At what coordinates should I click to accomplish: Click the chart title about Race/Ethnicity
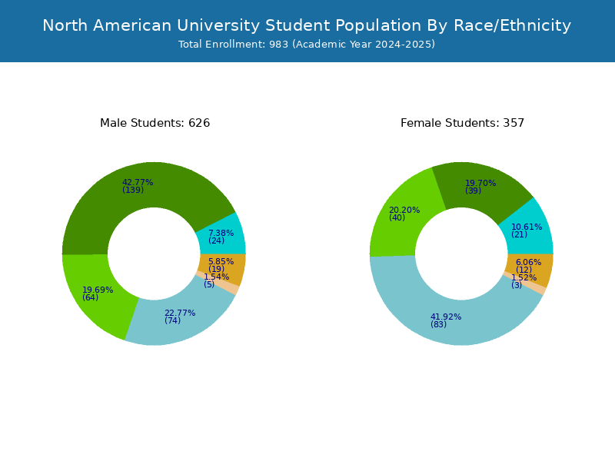tap(307, 25)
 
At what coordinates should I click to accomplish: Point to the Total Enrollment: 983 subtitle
tap(307, 45)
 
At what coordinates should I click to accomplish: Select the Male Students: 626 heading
tap(155, 123)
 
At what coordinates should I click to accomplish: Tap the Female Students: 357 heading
tap(462, 123)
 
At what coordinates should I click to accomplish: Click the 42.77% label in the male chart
tap(138, 182)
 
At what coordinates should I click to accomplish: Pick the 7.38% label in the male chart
tap(221, 234)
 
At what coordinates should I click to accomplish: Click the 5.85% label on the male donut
tap(221, 261)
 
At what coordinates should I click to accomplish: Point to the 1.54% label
tap(217, 277)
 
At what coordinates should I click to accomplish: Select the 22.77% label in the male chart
tap(180, 313)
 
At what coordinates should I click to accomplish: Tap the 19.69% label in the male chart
tap(98, 290)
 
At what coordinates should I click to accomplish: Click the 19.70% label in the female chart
tap(480, 183)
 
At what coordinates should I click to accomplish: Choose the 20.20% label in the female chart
tap(404, 210)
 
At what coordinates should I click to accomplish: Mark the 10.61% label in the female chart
tap(527, 227)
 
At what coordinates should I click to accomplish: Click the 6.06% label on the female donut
tap(529, 262)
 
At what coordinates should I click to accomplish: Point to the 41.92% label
tap(446, 317)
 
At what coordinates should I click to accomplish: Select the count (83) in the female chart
tap(438, 324)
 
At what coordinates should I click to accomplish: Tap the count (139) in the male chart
tap(133, 190)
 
